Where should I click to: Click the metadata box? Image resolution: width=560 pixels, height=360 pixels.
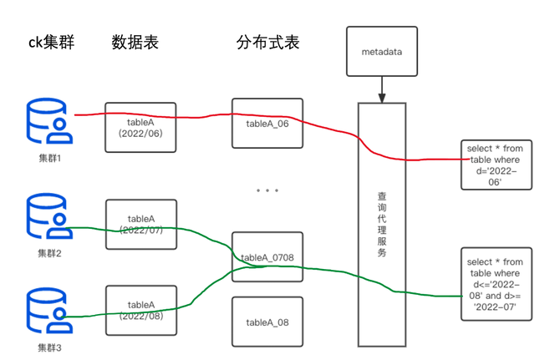coord(381,52)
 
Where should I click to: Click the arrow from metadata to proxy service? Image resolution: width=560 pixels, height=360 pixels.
coord(382,89)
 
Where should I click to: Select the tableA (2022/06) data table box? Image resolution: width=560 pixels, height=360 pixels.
coord(140,128)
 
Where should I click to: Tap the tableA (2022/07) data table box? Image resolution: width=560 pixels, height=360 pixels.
coord(140,224)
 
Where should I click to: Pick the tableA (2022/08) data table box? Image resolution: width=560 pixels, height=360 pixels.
coord(140,310)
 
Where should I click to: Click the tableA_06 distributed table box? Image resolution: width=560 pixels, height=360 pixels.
coord(267,124)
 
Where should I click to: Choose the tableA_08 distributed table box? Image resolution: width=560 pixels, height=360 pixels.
coord(267,322)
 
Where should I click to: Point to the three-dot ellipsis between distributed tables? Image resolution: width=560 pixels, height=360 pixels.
coord(267,191)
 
